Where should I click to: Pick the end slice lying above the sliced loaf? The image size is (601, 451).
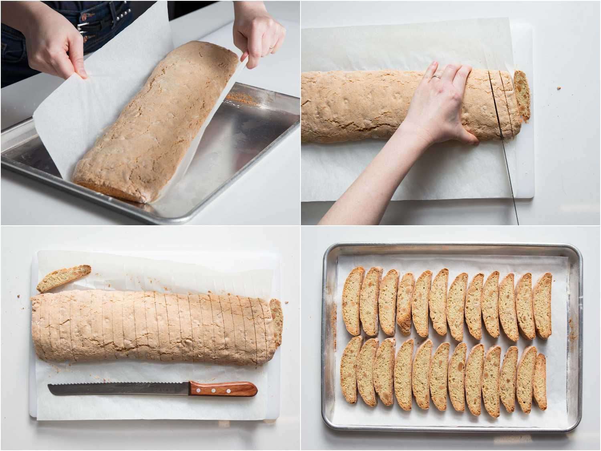click(x=64, y=277)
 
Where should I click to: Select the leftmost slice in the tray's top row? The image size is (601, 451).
click(x=353, y=301)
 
